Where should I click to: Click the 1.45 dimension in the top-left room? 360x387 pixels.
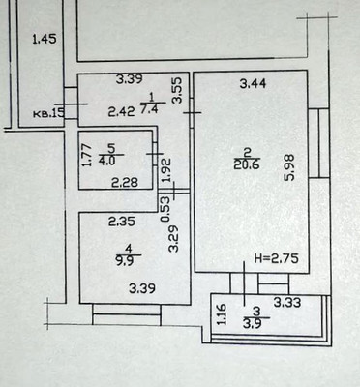[45, 40]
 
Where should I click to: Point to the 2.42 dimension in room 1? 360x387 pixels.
[121, 112]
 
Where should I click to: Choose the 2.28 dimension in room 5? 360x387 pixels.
[122, 182]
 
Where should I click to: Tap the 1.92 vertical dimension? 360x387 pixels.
[165, 170]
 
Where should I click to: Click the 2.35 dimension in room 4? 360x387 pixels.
[121, 222]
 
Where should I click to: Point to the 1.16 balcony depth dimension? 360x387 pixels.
[222, 314]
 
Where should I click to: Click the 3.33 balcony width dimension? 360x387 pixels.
[287, 305]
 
